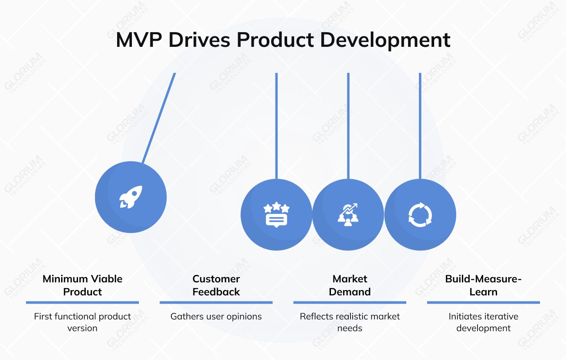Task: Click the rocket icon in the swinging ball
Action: (131, 197)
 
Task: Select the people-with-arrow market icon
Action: (348, 215)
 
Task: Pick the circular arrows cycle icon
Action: (420, 215)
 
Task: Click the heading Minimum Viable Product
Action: (82, 285)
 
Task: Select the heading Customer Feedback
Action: (216, 285)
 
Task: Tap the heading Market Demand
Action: (350, 285)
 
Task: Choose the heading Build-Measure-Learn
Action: (483, 285)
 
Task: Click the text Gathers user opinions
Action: (216, 316)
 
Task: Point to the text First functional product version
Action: (82, 322)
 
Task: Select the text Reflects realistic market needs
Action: (350, 322)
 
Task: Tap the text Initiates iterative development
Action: (483, 322)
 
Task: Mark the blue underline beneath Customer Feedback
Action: (216, 302)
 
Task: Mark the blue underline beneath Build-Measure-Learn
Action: (483, 302)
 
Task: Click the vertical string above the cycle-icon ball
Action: (420, 126)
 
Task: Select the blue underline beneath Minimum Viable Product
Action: (82, 302)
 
